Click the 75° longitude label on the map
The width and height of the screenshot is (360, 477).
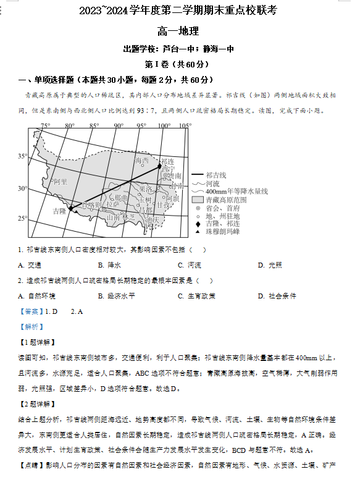[45, 126]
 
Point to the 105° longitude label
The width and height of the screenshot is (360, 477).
[184, 126]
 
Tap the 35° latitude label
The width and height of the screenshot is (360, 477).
[22, 156]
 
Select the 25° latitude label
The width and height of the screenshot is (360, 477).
[22, 218]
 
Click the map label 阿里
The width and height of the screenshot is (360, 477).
[60, 182]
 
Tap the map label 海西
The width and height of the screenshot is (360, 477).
[141, 161]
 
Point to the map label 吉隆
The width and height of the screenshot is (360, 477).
[59, 211]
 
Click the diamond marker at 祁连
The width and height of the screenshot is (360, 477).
[159, 166]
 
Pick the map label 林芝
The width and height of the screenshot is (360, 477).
[128, 217]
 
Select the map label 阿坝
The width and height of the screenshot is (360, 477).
[173, 198]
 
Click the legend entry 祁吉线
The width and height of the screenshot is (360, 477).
[216, 175]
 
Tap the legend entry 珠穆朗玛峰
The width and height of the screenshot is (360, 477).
[223, 231]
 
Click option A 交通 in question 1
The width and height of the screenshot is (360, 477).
[30, 265]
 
